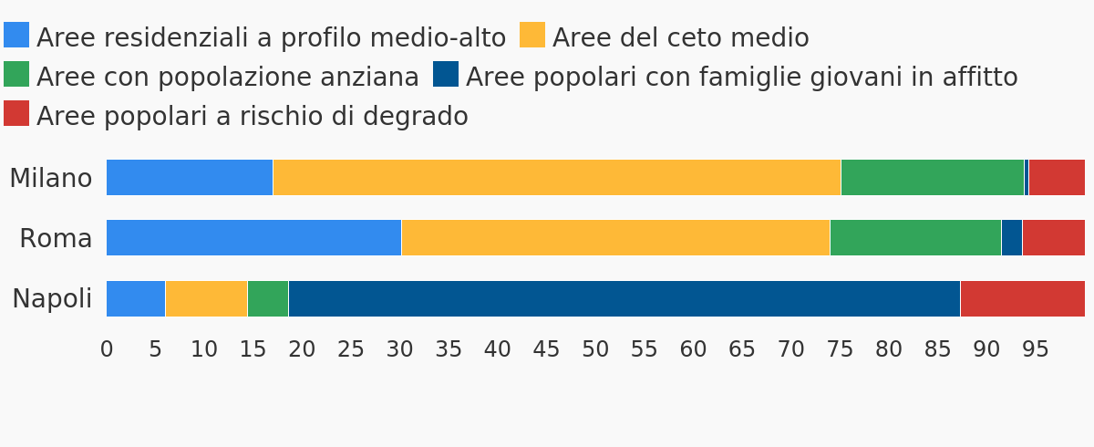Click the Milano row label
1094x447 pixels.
click(x=51, y=178)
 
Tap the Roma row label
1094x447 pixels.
click(x=56, y=238)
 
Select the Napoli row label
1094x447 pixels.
click(x=52, y=298)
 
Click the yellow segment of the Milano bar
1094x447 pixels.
click(x=557, y=177)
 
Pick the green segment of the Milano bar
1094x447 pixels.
click(x=933, y=177)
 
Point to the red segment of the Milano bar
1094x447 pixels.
click(x=1057, y=177)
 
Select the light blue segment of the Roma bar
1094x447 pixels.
click(x=254, y=237)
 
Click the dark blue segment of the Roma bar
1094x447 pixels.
click(x=1012, y=237)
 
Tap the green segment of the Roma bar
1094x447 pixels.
click(x=915, y=237)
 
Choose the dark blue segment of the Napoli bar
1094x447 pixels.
click(x=624, y=298)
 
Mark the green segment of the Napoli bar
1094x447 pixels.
click(x=268, y=298)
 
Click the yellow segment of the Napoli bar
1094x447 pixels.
click(x=206, y=298)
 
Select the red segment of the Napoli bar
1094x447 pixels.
click(x=1023, y=298)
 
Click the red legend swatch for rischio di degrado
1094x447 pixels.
click(x=16, y=113)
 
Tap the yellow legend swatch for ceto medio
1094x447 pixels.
click(x=532, y=35)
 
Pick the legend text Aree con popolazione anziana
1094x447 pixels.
click(x=228, y=77)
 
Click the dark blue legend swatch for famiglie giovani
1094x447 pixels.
click(x=446, y=74)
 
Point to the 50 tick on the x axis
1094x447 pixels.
click(x=595, y=349)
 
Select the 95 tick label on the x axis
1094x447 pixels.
click(x=1036, y=349)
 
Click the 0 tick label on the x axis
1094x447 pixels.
click(x=107, y=349)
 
